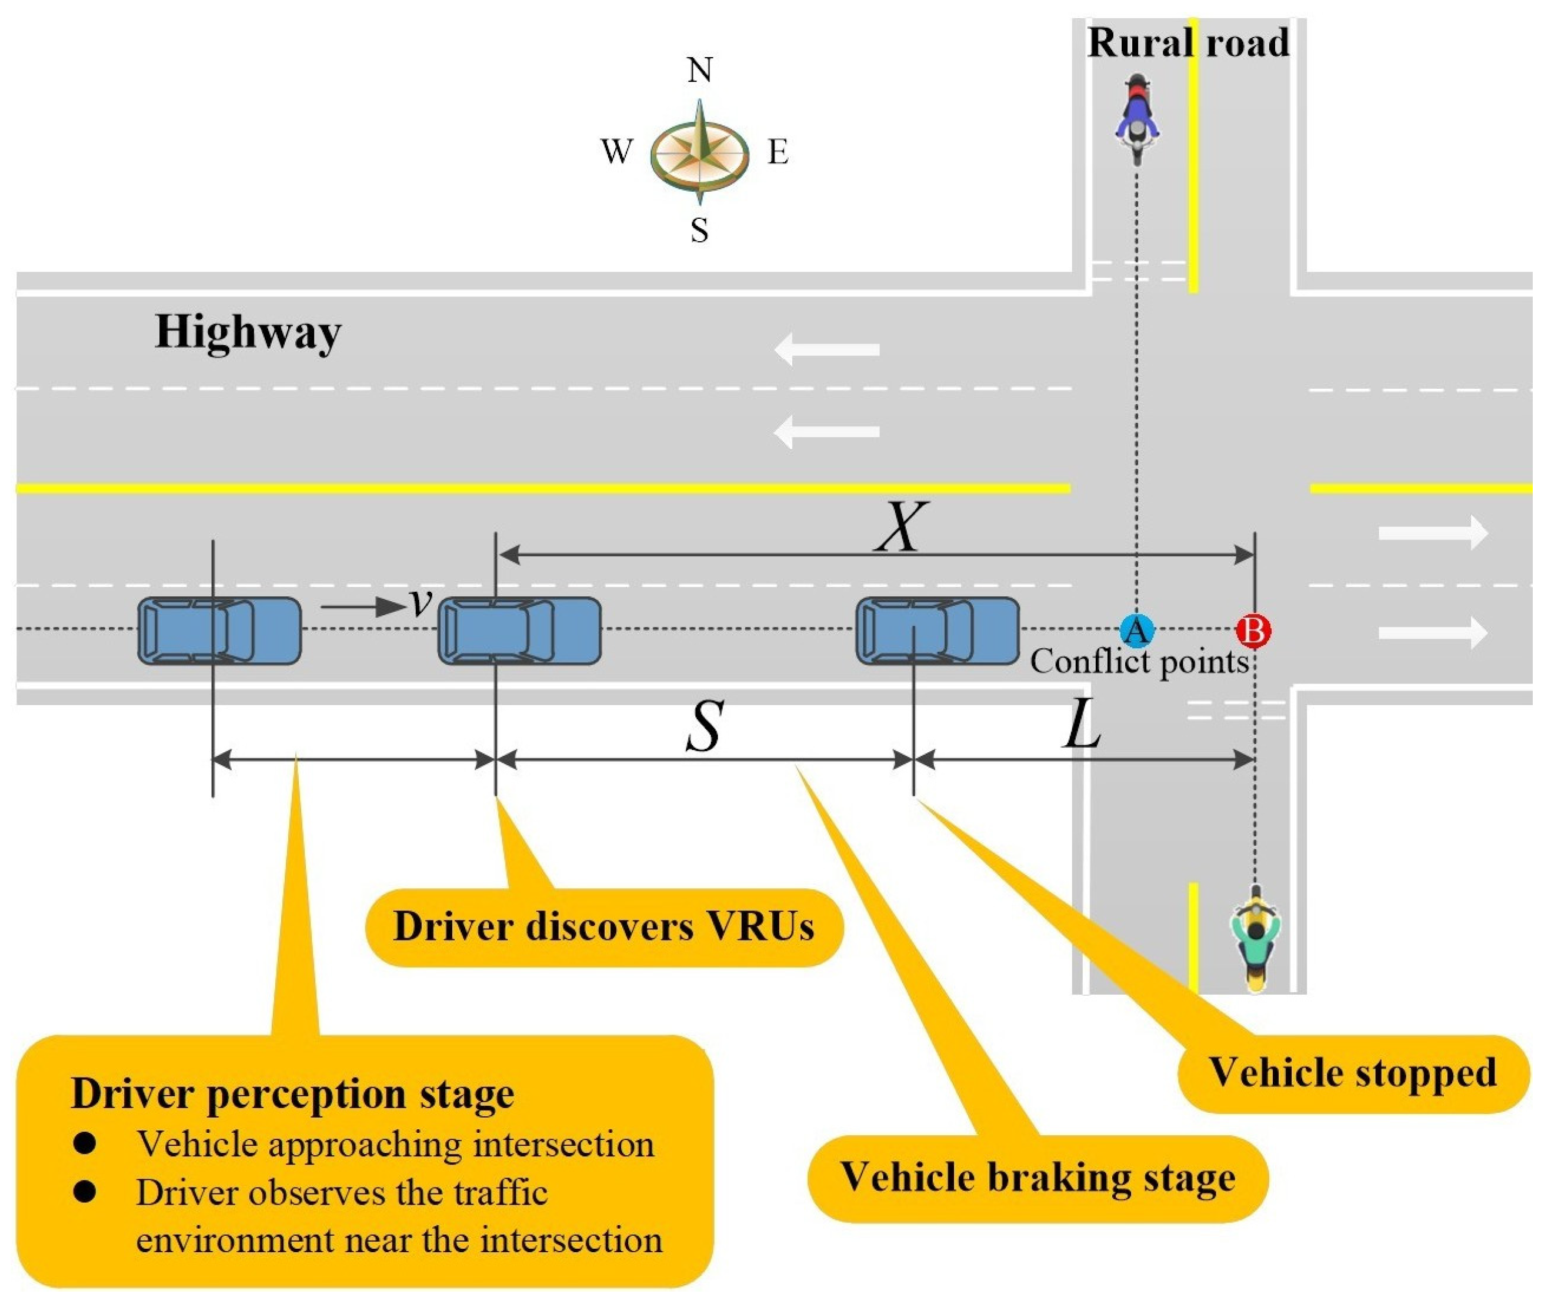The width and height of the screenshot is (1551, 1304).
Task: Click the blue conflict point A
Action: tap(1136, 631)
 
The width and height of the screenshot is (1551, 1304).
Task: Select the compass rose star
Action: tap(699, 153)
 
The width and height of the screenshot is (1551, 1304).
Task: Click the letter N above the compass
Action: tap(699, 70)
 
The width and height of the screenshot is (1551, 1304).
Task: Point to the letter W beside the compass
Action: tap(616, 152)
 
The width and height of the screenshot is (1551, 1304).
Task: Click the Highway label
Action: tap(248, 333)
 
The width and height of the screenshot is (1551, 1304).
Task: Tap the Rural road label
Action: tap(1188, 42)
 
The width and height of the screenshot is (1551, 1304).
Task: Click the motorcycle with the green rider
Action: tap(1255, 938)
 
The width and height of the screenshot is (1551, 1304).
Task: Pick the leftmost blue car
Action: tap(219, 631)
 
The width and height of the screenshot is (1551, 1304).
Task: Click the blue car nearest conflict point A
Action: tap(938, 631)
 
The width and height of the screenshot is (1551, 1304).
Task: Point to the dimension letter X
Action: tap(900, 526)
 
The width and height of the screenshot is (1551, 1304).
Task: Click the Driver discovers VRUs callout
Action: tap(604, 927)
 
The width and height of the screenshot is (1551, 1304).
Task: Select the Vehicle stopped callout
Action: tap(1353, 1073)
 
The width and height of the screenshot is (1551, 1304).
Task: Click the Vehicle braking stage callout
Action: tap(1038, 1178)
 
